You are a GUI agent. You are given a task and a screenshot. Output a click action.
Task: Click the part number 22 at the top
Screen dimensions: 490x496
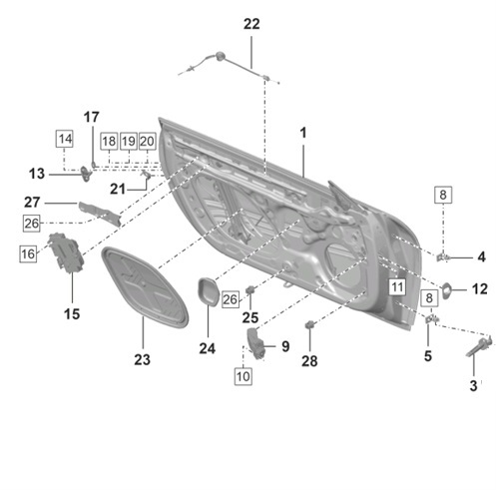point(250,24)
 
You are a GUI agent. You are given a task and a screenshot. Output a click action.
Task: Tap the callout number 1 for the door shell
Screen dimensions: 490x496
point(302,132)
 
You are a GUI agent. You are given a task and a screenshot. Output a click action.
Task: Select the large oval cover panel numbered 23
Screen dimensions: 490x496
point(146,289)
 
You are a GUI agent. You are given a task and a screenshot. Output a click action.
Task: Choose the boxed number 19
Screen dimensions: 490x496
point(128,141)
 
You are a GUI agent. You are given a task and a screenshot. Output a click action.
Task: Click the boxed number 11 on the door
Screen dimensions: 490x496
point(397,287)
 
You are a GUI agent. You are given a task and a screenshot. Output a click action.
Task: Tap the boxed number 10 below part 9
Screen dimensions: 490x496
point(244,376)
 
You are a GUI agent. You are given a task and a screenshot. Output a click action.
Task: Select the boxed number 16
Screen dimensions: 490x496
point(28,254)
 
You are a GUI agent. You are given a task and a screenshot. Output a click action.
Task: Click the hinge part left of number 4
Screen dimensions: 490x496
point(443,256)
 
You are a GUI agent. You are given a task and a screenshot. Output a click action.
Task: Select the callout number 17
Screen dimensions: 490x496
point(91,117)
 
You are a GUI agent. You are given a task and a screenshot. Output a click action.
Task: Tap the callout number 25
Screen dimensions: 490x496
point(250,317)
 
